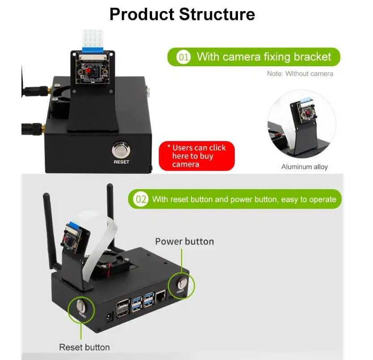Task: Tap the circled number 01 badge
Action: [x=183, y=57]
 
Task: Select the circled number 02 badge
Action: [x=141, y=199]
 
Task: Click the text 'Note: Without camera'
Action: [x=300, y=73]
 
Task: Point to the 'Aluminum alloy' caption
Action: [x=304, y=167]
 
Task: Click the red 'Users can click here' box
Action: [x=197, y=156]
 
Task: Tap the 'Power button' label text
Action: [x=184, y=241]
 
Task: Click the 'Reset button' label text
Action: [x=84, y=347]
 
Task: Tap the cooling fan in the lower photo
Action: [x=115, y=267]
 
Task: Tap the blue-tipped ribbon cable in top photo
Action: [x=93, y=41]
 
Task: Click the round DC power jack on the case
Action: [x=107, y=318]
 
